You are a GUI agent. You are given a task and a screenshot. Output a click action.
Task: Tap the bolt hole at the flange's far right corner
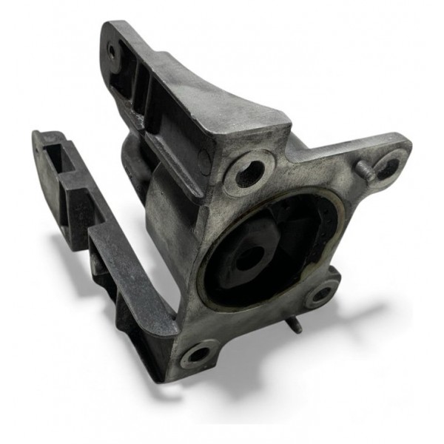(388, 168)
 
